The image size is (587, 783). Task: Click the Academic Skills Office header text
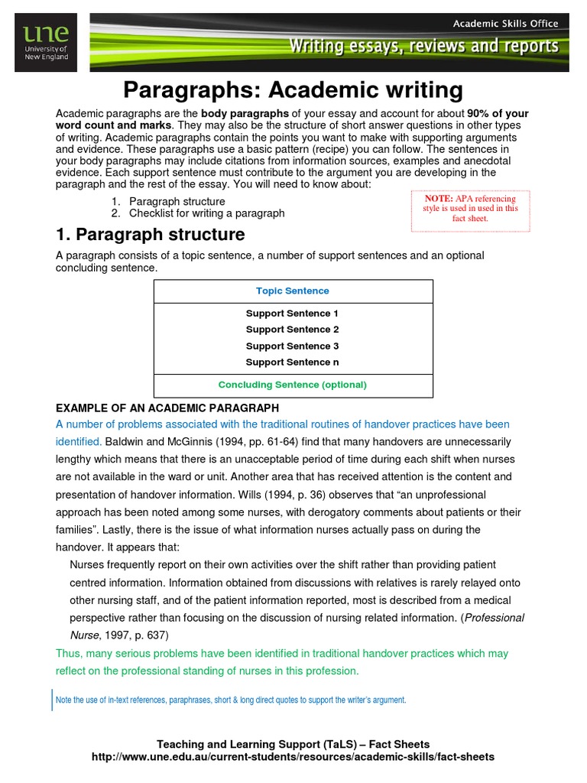click(x=505, y=23)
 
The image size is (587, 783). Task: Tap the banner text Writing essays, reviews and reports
click(x=423, y=47)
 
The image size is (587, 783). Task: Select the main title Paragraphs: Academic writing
click(x=293, y=91)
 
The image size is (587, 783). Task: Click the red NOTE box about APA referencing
click(x=470, y=208)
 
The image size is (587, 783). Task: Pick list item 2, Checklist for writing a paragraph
click(x=206, y=213)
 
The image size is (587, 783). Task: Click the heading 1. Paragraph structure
click(x=151, y=235)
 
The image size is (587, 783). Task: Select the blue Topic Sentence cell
click(x=293, y=291)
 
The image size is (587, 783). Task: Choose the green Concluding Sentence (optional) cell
click(x=293, y=385)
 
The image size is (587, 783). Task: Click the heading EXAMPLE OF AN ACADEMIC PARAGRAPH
click(x=167, y=408)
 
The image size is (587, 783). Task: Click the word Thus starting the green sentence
click(x=68, y=654)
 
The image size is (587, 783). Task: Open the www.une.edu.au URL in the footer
click(x=293, y=757)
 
